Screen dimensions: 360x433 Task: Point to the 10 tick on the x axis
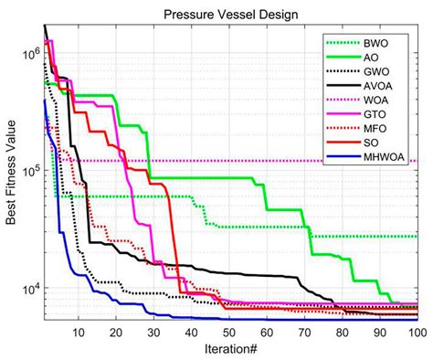click(79, 332)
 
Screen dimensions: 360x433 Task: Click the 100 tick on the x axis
click(417, 332)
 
